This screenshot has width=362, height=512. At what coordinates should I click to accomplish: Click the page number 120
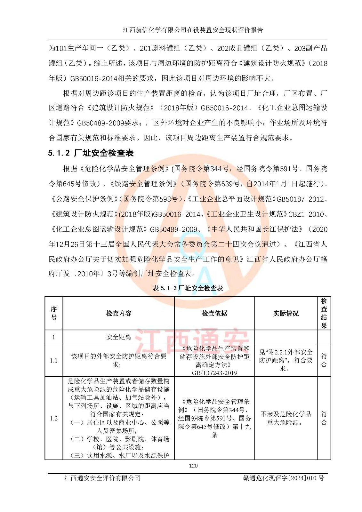(x=193, y=466)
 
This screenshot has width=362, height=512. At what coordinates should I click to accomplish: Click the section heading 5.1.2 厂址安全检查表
(x=91, y=153)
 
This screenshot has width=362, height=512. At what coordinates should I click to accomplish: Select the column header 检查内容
(x=118, y=313)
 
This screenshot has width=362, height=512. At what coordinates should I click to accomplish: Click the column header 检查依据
(x=214, y=313)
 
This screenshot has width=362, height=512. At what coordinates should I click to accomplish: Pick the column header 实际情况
(x=286, y=313)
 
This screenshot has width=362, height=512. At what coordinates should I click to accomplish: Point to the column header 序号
(x=54, y=313)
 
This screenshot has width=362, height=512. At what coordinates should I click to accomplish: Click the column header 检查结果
(x=324, y=313)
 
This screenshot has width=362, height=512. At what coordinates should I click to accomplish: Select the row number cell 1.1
(x=54, y=360)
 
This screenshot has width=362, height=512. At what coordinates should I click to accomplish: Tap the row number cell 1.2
(x=54, y=418)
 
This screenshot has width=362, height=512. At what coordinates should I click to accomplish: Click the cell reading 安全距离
(x=118, y=337)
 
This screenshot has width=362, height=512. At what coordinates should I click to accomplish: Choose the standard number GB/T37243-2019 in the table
(x=214, y=373)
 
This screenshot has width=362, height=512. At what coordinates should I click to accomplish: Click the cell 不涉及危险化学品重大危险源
(x=286, y=418)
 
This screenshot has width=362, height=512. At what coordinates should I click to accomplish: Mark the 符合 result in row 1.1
(x=324, y=360)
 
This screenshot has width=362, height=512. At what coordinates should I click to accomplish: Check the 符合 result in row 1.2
(x=324, y=418)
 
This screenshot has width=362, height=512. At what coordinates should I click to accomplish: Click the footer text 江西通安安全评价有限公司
(x=102, y=478)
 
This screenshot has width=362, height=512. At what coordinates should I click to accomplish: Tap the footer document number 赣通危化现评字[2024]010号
(x=283, y=478)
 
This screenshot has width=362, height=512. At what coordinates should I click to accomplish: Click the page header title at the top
(x=193, y=30)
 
